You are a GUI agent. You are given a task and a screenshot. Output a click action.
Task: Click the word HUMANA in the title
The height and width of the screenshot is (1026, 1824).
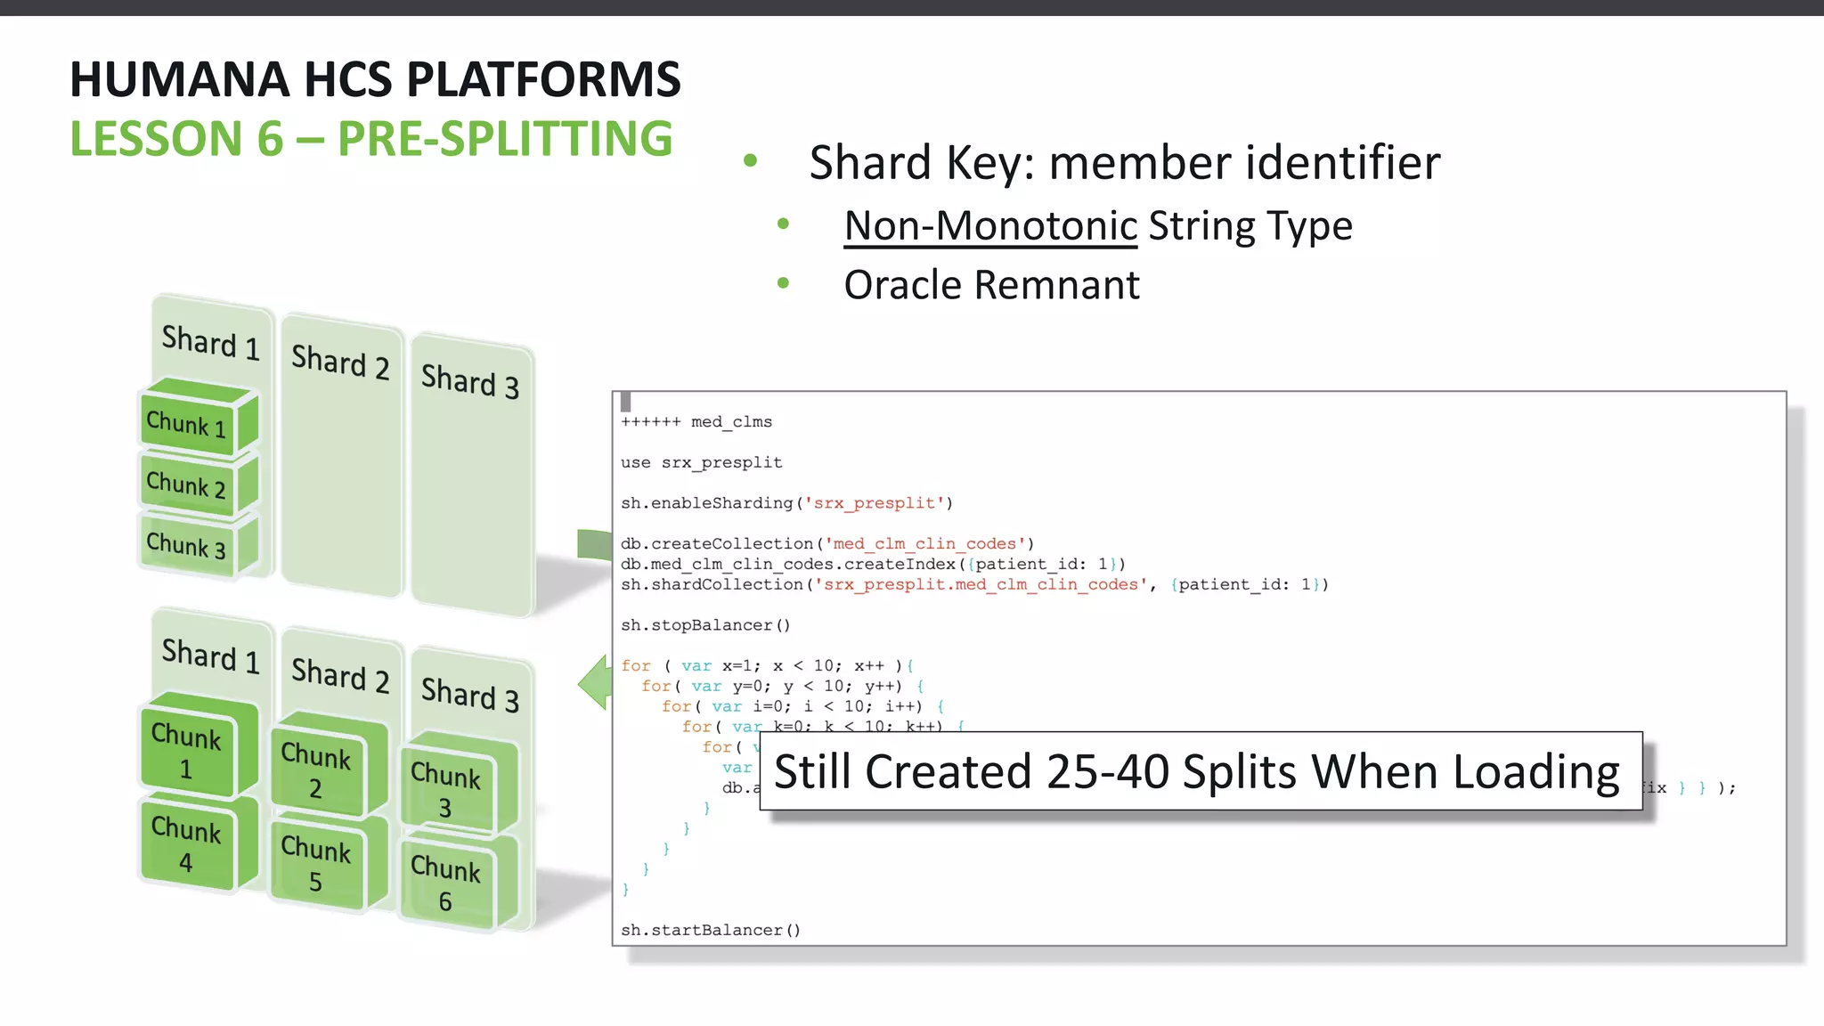[x=179, y=79]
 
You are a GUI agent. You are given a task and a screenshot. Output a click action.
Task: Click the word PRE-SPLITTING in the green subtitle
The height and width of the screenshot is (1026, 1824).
[x=504, y=139]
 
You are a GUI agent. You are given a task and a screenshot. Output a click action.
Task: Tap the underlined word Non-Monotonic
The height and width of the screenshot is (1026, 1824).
[x=990, y=225]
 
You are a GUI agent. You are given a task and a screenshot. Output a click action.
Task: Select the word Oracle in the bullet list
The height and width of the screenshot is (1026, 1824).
[x=903, y=285]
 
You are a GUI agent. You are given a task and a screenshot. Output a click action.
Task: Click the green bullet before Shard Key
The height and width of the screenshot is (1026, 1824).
[x=750, y=161]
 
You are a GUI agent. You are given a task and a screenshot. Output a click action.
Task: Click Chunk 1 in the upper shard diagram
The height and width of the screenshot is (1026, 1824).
[x=187, y=423]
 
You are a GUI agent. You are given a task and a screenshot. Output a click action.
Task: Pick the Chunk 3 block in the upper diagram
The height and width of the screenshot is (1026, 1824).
[x=187, y=544]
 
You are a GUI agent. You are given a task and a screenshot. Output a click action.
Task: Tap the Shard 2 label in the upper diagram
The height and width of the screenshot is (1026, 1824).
[x=340, y=361]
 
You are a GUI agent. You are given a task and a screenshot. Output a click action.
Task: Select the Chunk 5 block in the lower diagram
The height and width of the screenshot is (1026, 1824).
[x=316, y=864]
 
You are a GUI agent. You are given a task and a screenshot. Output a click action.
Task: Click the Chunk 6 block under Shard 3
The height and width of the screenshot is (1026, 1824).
[x=445, y=883]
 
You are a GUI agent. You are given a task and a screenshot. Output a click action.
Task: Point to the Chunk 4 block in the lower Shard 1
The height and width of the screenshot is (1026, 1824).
[x=186, y=844]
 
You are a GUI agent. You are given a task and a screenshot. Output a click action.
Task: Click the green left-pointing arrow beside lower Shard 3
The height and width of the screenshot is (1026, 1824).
[x=595, y=683]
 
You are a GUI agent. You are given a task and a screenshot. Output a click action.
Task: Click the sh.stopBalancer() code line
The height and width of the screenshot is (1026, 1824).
[x=705, y=625]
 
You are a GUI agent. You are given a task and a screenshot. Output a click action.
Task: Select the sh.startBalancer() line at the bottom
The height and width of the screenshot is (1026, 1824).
[x=711, y=930]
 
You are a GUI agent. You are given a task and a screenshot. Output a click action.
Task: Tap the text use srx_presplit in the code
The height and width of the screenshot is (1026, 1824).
[x=701, y=462]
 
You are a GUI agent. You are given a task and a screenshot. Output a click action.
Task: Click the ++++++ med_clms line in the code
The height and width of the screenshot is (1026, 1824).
[x=696, y=422]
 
